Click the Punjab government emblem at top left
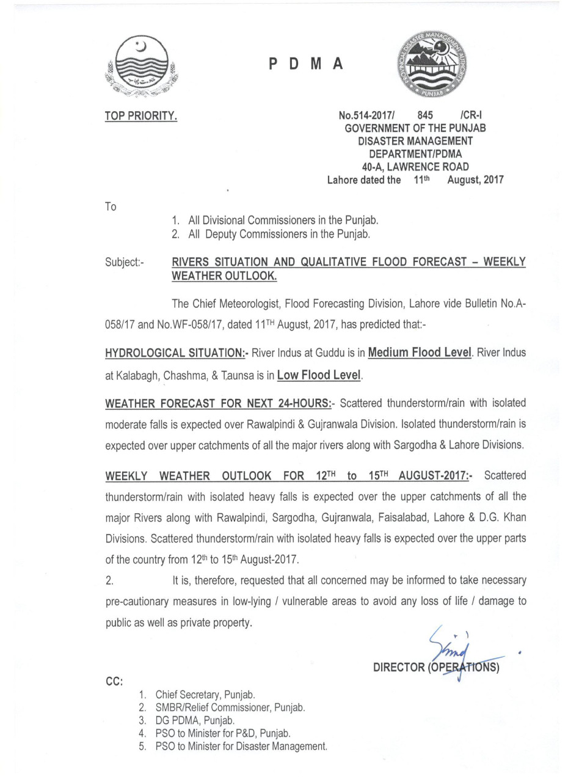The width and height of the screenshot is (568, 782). point(140,67)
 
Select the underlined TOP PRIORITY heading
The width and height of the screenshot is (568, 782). point(141,115)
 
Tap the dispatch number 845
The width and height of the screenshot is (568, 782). point(425,115)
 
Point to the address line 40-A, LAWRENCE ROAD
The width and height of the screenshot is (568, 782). point(415,167)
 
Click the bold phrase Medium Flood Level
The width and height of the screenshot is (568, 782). point(420,353)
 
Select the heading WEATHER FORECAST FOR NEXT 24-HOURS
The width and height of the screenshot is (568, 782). point(218,404)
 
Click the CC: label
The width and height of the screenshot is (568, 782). point(114,681)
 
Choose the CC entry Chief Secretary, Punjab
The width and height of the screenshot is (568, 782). point(205,695)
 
